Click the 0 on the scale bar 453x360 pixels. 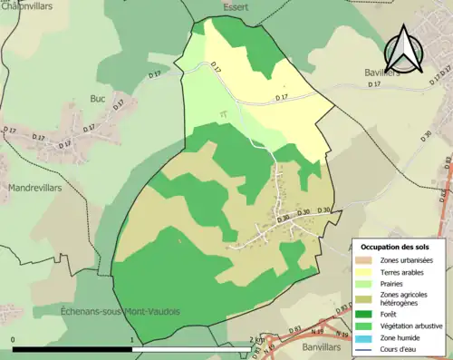click(x=14, y=341)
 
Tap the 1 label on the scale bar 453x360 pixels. click(x=133, y=341)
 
